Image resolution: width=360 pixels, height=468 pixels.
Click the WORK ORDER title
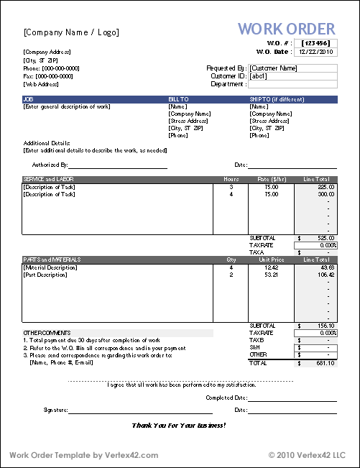point(286,29)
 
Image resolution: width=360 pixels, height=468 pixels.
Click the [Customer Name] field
point(292,68)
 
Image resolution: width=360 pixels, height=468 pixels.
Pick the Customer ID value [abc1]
point(292,76)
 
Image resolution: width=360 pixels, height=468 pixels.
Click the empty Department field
point(292,84)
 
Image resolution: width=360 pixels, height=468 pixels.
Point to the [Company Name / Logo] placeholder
point(71,32)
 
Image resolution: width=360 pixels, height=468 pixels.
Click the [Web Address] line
point(40,84)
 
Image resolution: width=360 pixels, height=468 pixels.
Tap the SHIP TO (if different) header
point(276,99)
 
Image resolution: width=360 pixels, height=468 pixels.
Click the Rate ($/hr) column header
point(271,179)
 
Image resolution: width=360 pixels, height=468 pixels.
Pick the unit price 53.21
point(271,274)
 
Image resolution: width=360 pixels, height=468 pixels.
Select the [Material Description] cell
point(51,267)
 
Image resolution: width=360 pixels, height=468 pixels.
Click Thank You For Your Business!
point(179,425)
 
